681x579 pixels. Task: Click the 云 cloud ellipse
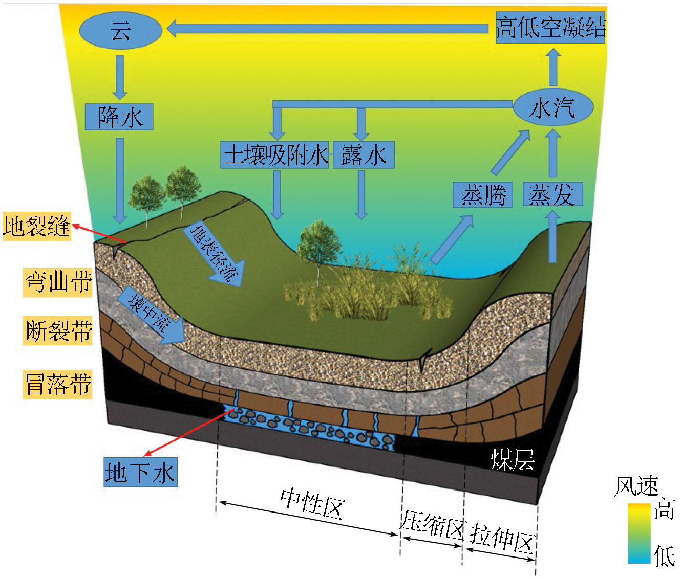point(120,31)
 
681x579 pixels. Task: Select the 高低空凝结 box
point(550,28)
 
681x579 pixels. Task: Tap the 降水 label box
point(119,117)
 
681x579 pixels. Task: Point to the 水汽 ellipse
point(553,107)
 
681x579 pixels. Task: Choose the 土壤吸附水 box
point(275,155)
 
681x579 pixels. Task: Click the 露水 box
point(364,155)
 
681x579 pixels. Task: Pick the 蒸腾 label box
point(483,195)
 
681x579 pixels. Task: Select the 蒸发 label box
point(552,195)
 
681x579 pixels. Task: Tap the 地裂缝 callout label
point(36,226)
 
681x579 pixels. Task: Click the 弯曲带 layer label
point(58,282)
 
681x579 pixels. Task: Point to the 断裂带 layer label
point(58,330)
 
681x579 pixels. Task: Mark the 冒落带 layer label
point(58,384)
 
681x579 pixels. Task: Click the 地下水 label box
point(140,472)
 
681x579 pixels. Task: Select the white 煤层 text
point(512,459)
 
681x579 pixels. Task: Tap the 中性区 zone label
point(312,503)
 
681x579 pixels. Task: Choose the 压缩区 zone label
point(433,525)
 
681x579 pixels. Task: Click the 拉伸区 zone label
point(502,539)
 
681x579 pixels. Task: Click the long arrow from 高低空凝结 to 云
point(328,29)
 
